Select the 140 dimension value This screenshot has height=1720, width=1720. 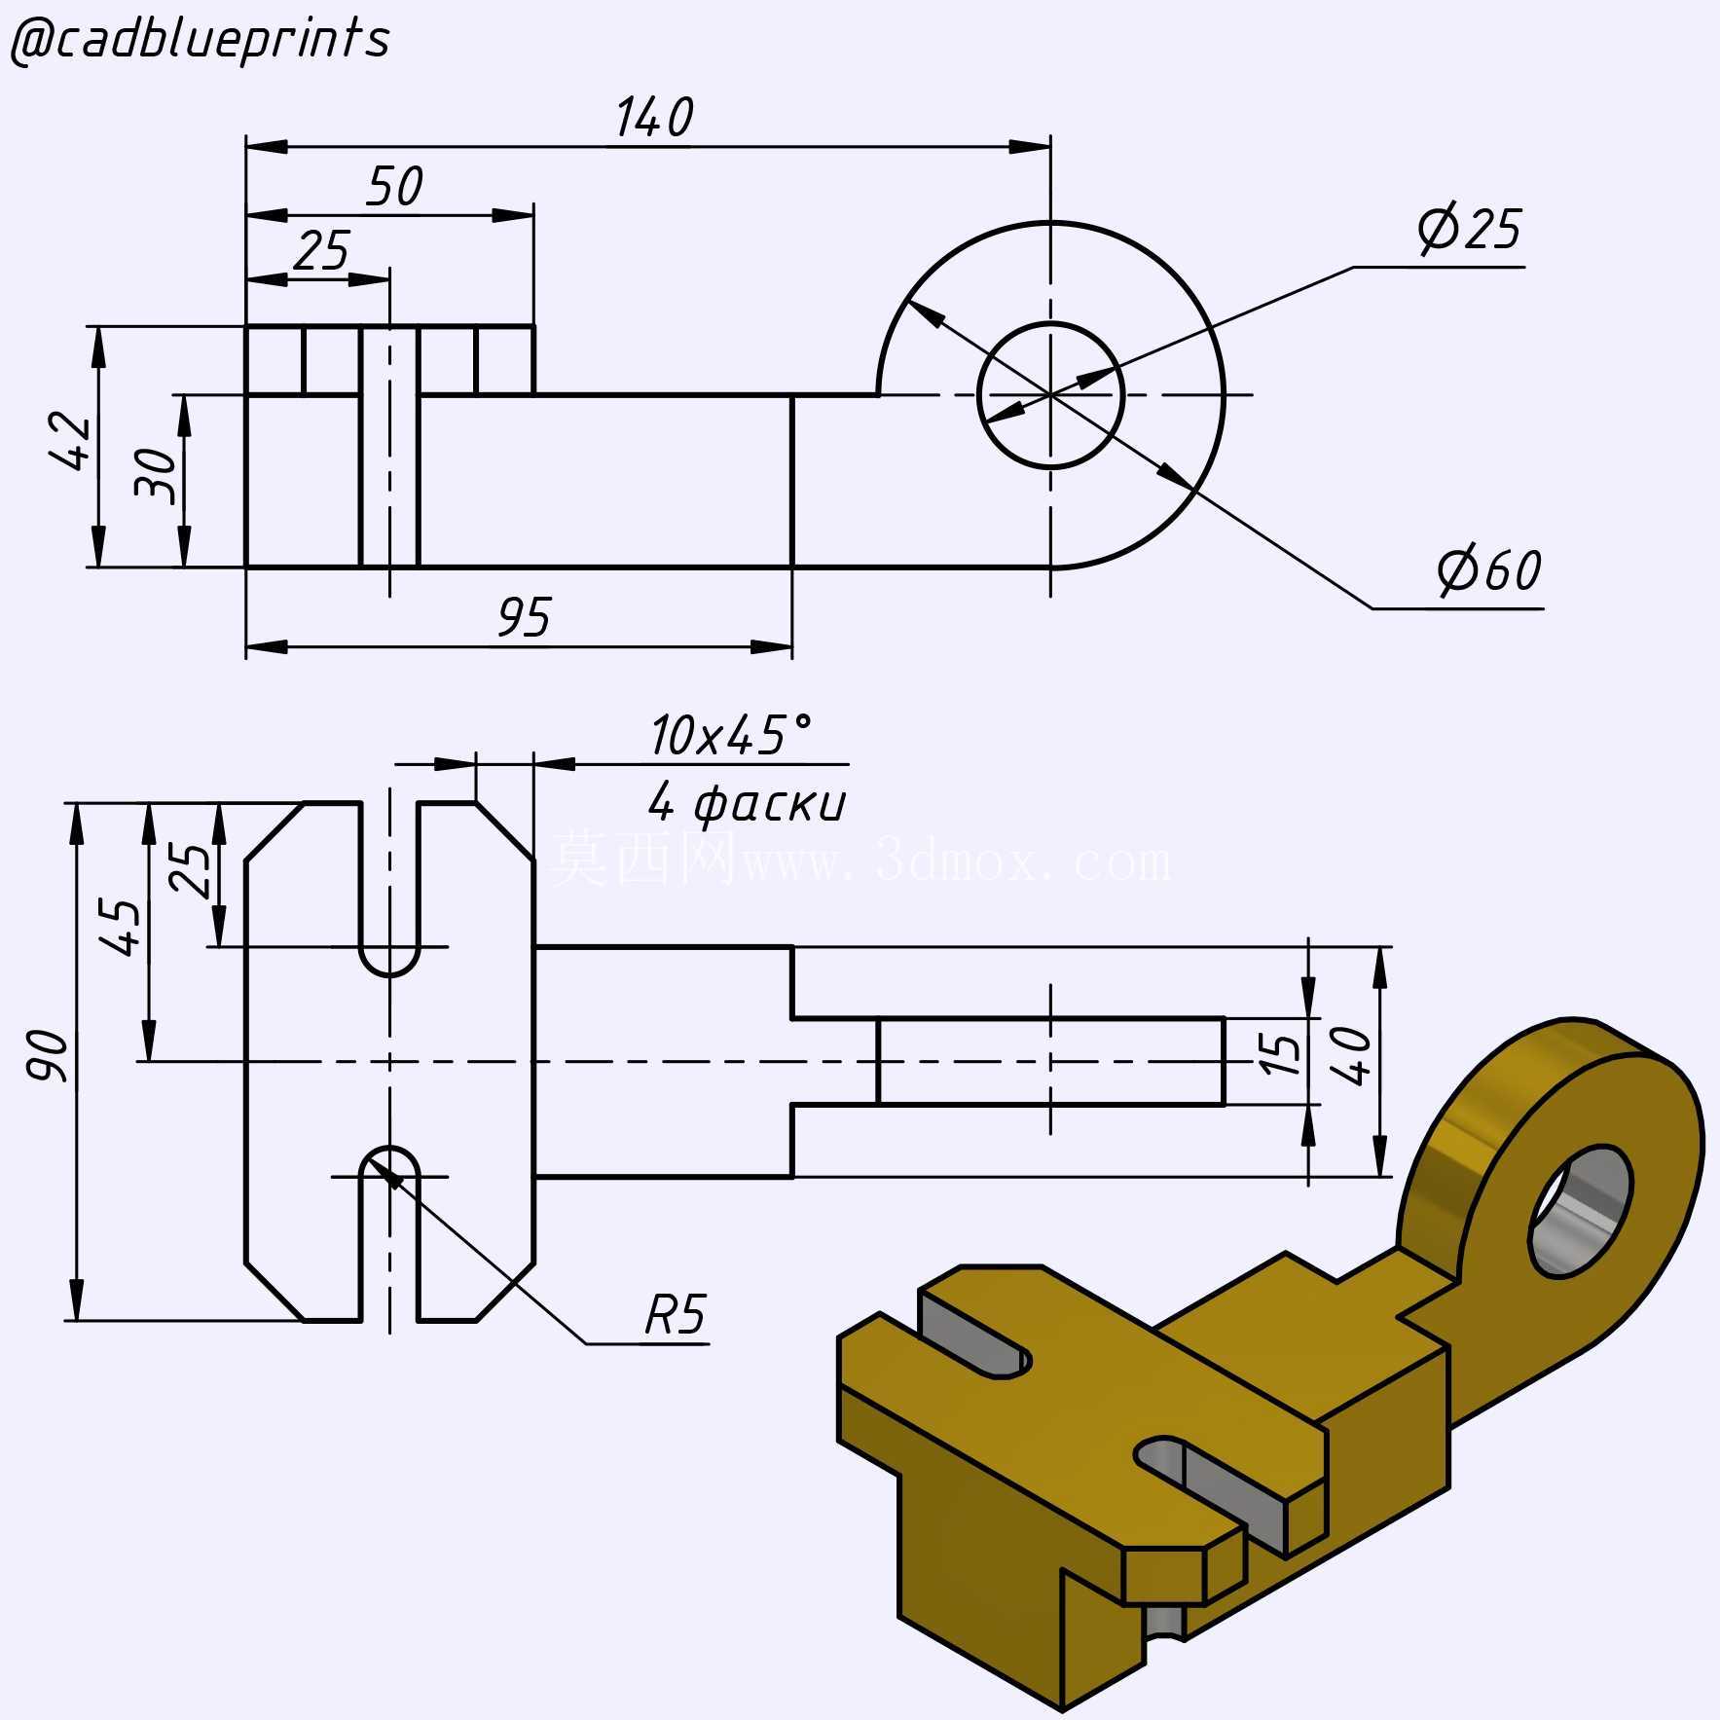click(654, 117)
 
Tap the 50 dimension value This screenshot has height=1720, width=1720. click(394, 186)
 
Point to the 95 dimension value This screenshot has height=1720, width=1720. click(524, 617)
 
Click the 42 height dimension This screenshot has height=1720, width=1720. click(70, 441)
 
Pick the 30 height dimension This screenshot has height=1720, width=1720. click(156, 475)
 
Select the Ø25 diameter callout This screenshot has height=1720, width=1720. click(1469, 230)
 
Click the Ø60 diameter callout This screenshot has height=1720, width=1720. click(1489, 570)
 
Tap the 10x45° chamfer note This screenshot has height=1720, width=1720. click(730, 735)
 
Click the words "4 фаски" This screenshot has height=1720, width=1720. click(747, 803)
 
